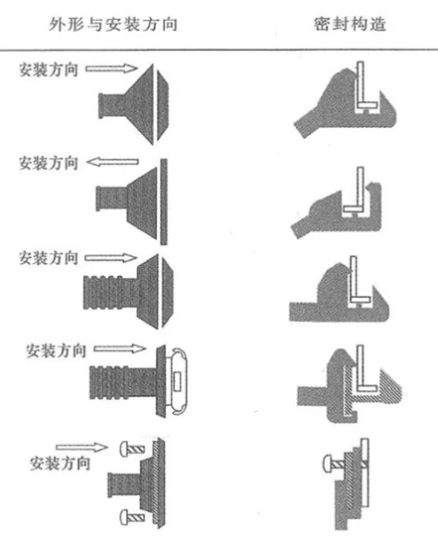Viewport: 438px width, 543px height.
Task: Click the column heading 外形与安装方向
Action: coord(113,25)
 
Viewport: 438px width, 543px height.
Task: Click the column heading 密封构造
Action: coord(350,24)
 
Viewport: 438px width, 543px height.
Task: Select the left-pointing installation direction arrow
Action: coord(112,162)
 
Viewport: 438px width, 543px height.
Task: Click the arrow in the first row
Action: coord(111,68)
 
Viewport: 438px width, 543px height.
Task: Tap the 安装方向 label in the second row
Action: coord(48,163)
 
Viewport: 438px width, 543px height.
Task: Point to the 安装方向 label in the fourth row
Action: coord(56,350)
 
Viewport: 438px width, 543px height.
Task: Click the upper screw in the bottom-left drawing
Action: coord(132,450)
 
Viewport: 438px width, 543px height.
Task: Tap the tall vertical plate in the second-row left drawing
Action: coord(164,202)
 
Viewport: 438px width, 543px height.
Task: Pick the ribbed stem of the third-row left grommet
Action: coord(110,292)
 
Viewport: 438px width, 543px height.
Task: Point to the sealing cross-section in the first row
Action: coord(346,100)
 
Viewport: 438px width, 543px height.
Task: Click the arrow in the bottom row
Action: coord(81,448)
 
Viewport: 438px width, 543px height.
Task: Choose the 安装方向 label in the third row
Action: coord(48,258)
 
